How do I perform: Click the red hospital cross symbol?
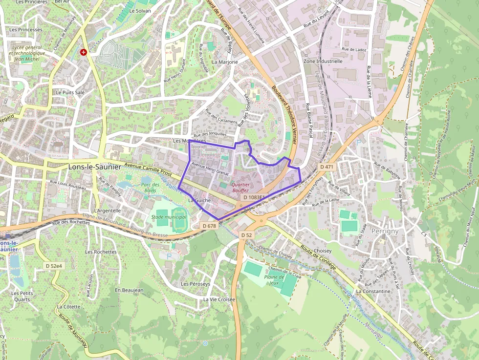point(84,52)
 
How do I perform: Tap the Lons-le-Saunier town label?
point(94,167)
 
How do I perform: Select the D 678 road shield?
point(209,226)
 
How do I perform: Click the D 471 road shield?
point(327,167)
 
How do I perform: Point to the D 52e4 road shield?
point(53,266)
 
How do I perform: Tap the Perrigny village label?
point(385,231)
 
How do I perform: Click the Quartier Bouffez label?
point(240,188)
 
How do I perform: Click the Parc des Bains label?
point(151,188)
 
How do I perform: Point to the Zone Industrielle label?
point(323,62)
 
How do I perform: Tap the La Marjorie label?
point(225,62)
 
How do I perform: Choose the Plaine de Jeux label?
point(274,279)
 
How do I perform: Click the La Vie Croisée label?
point(219,299)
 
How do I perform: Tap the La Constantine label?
point(373,291)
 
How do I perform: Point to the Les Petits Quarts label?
point(22,296)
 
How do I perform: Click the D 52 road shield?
point(246,235)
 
